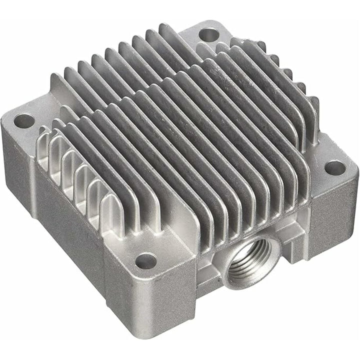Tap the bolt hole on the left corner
click(23, 120)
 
